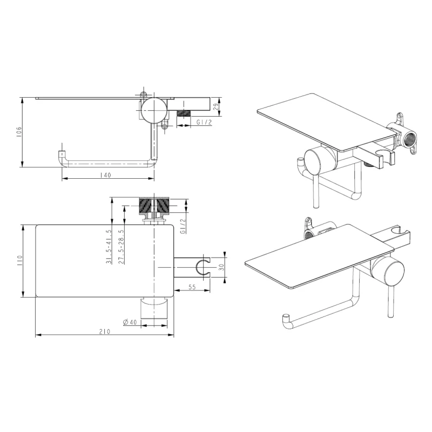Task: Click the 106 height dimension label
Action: pos(19,132)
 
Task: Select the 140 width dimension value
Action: pos(105,175)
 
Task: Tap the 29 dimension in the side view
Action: pos(217,106)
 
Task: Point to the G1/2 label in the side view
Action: pos(204,122)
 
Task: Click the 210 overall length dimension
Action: pos(105,332)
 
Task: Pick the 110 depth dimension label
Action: pos(19,261)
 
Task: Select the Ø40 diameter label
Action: pos(130,322)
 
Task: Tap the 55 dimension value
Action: pos(192,287)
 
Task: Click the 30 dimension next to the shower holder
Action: pos(221,267)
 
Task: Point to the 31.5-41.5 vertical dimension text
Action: pos(109,247)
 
